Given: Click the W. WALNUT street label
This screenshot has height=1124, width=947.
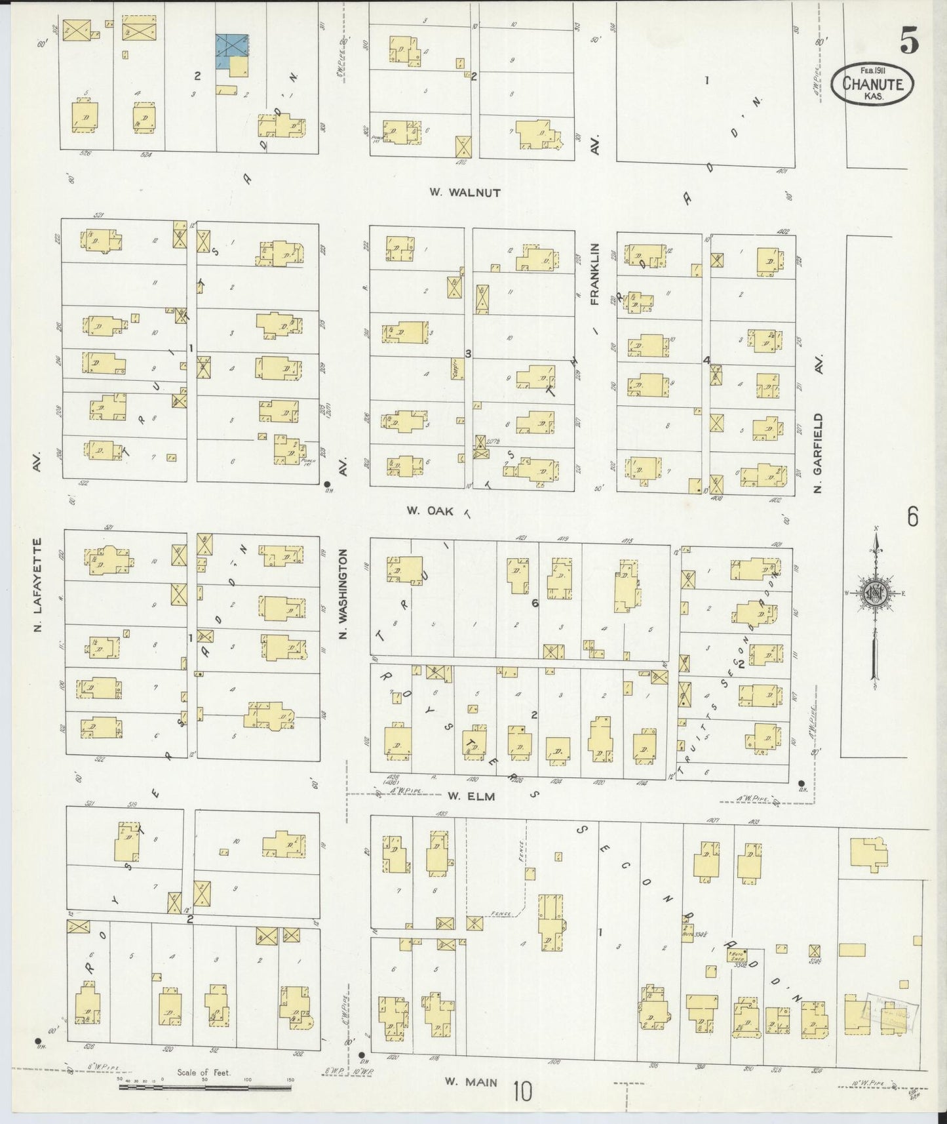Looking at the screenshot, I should click(465, 192).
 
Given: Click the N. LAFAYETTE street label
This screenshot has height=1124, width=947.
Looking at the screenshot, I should click(38, 585).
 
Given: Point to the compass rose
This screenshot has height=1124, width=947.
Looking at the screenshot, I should click(876, 593).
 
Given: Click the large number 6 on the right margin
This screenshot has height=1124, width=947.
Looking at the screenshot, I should click(912, 517).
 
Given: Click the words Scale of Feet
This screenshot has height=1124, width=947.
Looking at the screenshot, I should click(204, 1074).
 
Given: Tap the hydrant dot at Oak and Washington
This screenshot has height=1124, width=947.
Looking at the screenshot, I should click(326, 485).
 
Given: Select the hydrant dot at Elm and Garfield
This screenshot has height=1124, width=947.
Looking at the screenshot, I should click(800, 784).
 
